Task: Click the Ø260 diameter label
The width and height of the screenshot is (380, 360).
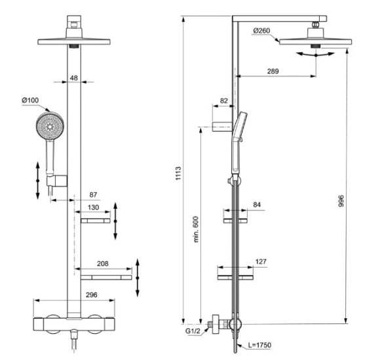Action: click(x=262, y=31)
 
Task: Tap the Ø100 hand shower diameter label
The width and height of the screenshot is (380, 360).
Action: click(x=31, y=99)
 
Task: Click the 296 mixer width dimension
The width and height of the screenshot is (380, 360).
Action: click(x=92, y=295)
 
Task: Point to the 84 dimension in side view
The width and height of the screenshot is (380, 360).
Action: click(x=257, y=205)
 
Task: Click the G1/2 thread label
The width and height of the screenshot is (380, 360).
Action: click(x=193, y=332)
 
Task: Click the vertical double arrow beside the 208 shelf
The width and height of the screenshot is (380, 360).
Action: click(x=138, y=277)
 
